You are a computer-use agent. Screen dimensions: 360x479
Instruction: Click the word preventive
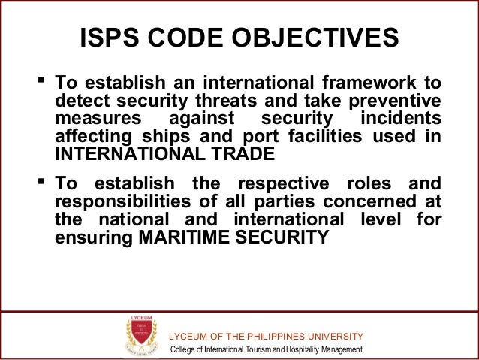click(396, 102)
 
